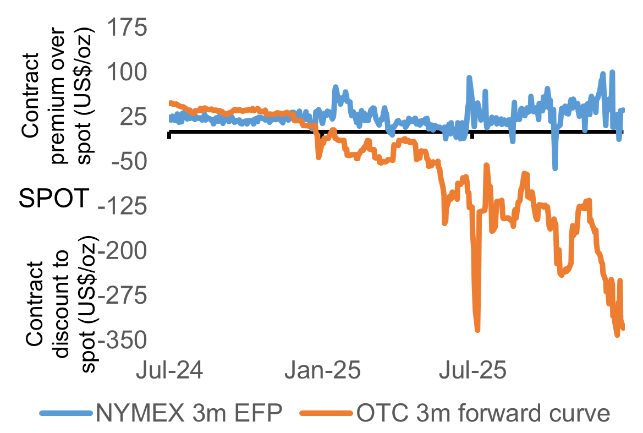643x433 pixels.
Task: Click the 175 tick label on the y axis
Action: pyautogui.click(x=128, y=28)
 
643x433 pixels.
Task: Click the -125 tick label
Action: pyautogui.click(x=124, y=207)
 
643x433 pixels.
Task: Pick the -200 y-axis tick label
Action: pyautogui.click(x=124, y=251)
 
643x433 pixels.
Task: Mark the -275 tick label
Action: pyautogui.click(x=124, y=297)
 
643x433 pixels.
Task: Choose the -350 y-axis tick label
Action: pyautogui.click(x=124, y=341)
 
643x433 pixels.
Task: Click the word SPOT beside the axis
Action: pyautogui.click(x=54, y=199)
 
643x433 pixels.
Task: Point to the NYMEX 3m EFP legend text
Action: pyautogui.click(x=189, y=413)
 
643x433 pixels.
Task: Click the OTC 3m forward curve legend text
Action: pyautogui.click(x=483, y=413)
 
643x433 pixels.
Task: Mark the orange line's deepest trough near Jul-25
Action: pyautogui.click(x=477, y=330)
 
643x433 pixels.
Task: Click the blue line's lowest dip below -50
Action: pyautogui.click(x=555, y=168)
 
